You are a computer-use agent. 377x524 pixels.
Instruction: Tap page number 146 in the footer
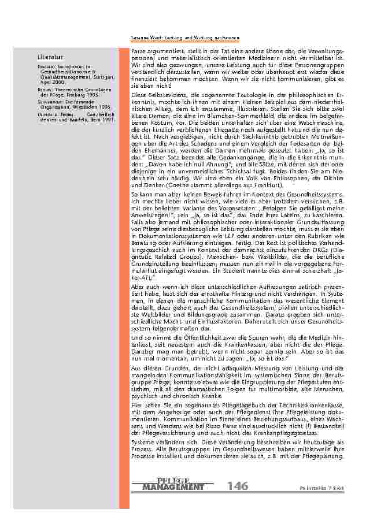[238, 486]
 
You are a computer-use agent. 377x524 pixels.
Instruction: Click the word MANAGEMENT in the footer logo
[172, 487]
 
